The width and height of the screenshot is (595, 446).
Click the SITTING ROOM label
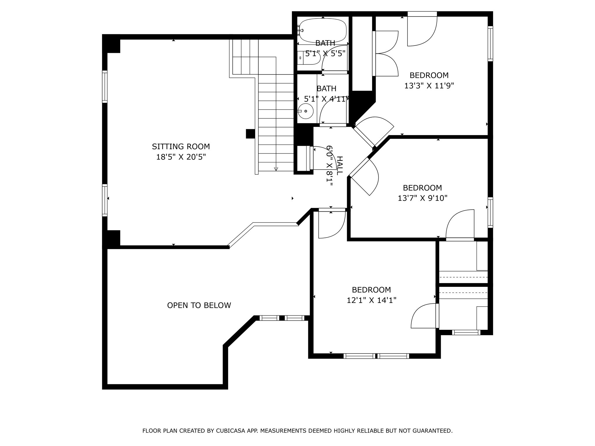pos(181,146)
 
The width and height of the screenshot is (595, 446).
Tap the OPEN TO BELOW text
pos(199,305)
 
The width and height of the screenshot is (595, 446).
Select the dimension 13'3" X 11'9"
pos(429,86)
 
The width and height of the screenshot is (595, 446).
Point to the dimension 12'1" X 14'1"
pos(371,300)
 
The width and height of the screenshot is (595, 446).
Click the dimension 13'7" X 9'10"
pos(422,198)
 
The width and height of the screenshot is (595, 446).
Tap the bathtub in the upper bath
pos(323,30)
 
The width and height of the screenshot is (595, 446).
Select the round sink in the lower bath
pos(305,111)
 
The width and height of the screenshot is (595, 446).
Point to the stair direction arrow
pos(276,168)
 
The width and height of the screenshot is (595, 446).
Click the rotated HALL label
pos(339,166)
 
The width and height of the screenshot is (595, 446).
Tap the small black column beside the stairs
pos(250,134)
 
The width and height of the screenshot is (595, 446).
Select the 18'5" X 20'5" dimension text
pos(181,157)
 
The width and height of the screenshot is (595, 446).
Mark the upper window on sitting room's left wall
pos(105,86)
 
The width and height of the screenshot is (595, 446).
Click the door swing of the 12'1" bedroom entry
pos(331,225)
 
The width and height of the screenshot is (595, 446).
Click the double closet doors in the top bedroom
pos(386,54)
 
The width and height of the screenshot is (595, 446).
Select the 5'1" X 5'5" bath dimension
pos(325,54)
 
